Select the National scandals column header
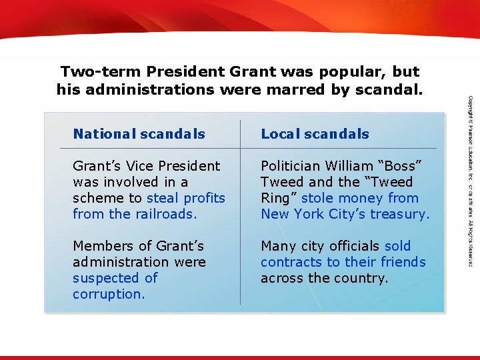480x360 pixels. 139,134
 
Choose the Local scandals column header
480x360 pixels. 315,134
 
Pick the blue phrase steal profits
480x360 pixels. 186,198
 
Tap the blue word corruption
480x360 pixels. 108,294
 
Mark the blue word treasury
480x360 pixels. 401,214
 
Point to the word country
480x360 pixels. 360,278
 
